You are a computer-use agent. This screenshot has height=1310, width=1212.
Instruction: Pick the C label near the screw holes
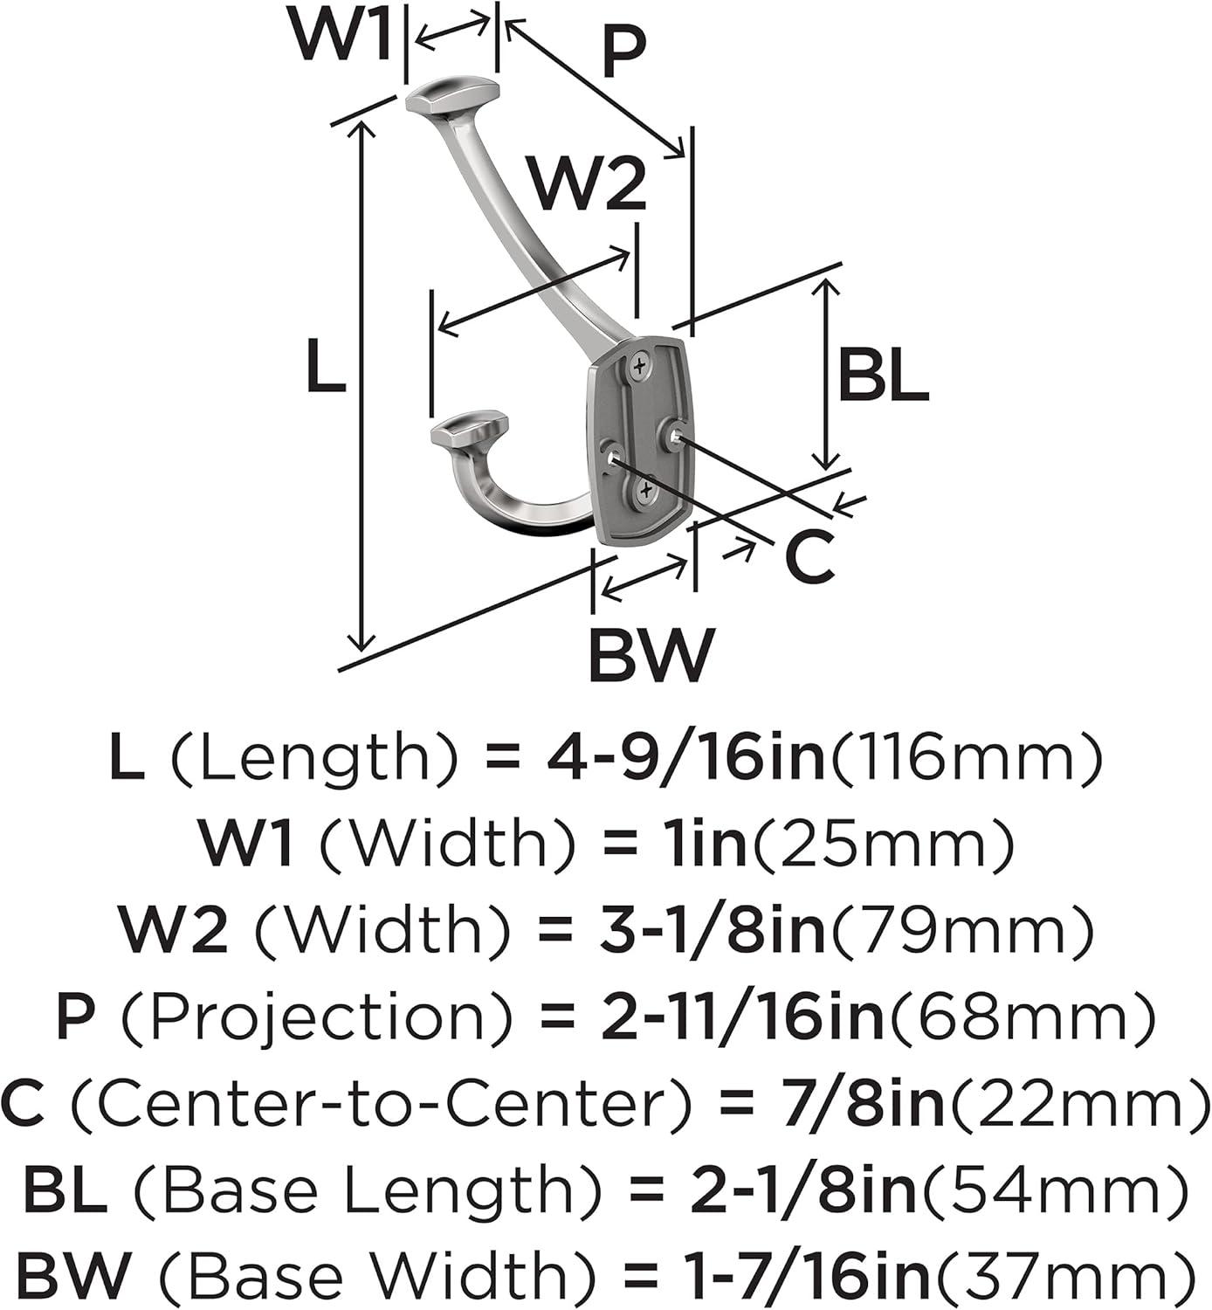[x=809, y=557]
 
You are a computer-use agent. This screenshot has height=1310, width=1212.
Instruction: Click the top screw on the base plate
[x=639, y=367]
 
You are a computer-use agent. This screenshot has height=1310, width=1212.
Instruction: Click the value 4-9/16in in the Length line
[x=686, y=761]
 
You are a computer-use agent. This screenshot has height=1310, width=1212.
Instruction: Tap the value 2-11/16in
[x=743, y=1017]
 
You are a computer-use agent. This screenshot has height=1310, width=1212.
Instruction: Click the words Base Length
[x=367, y=1189]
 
